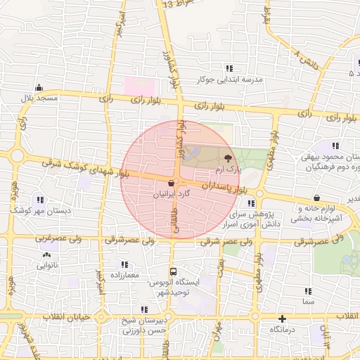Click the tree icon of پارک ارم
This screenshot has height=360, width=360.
227,159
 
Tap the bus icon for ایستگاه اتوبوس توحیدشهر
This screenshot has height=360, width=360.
173,271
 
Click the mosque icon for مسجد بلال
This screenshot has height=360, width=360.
39,89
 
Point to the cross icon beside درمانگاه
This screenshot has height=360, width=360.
282,319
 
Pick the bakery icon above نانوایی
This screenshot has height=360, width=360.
46,255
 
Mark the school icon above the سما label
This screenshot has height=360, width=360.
308,290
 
